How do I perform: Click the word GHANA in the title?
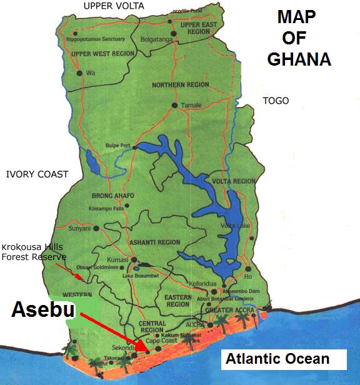pos(299,59)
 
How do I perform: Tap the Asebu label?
pos(43,311)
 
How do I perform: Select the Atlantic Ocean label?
pos(277,359)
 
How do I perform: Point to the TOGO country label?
pos(276,101)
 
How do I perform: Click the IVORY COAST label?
pos(36,174)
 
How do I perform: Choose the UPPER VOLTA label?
pos(113,6)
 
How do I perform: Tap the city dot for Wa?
pos(80,73)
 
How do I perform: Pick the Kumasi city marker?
pos(134,259)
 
